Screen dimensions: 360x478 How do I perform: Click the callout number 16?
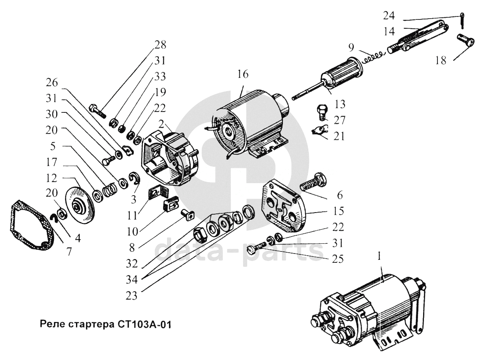coord(243,75)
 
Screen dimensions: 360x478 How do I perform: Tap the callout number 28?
coord(161,45)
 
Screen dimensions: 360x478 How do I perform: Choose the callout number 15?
coord(338,210)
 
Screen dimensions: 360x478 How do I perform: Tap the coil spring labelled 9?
coord(373,55)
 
